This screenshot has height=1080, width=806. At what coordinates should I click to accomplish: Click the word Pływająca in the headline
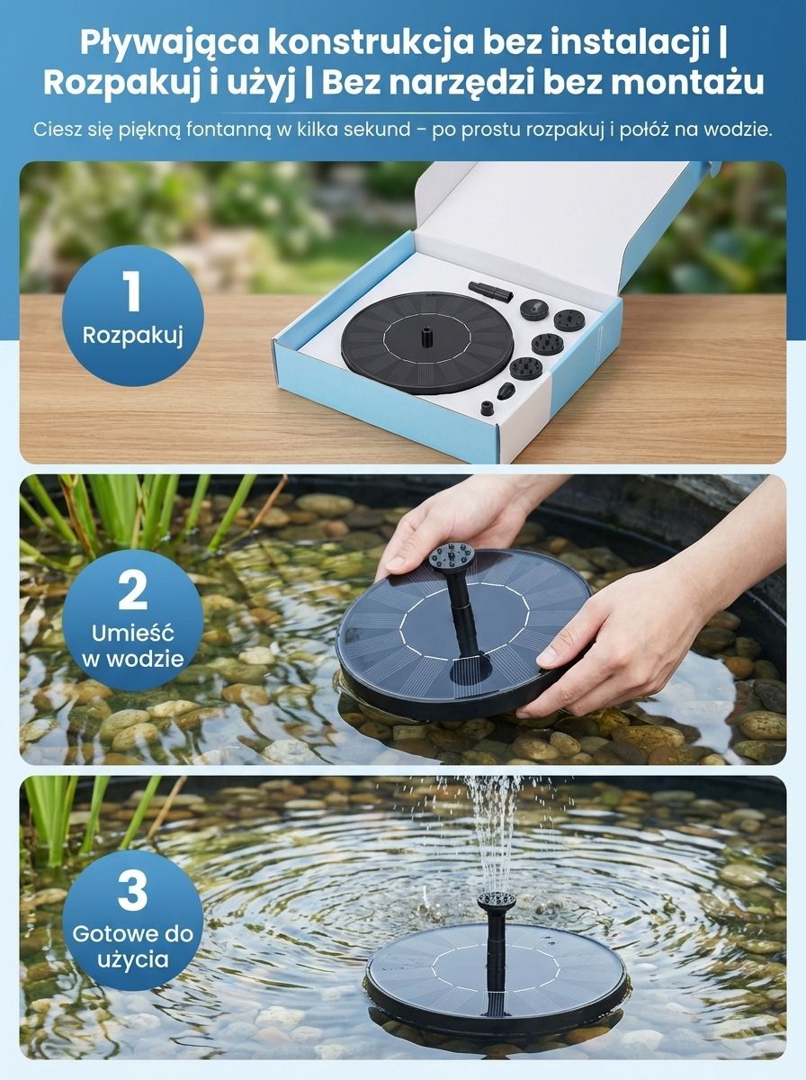(x=170, y=44)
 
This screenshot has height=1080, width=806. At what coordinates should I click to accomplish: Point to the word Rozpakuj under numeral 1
(x=133, y=337)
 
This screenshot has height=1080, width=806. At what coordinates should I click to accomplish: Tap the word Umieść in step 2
(x=133, y=634)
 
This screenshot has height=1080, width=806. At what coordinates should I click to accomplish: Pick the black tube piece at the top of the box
(x=490, y=292)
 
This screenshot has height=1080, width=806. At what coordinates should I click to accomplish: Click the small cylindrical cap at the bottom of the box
(x=487, y=408)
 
